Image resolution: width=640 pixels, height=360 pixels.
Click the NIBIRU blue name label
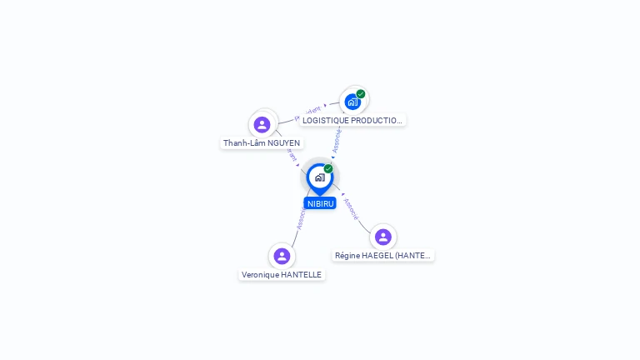click(x=320, y=203)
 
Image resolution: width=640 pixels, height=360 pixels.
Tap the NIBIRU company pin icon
click(x=319, y=177)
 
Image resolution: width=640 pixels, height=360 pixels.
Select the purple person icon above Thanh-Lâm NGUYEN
click(x=262, y=125)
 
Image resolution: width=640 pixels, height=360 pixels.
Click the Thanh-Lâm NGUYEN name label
click(x=262, y=143)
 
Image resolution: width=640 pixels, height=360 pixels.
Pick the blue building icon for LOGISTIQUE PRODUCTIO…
click(x=352, y=102)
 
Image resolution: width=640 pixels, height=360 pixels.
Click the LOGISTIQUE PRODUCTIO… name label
click(x=352, y=120)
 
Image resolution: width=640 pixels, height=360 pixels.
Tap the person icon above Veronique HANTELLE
click(x=282, y=256)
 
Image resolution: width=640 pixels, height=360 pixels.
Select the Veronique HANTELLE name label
click(x=282, y=274)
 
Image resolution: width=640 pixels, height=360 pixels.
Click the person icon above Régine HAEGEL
click(x=383, y=237)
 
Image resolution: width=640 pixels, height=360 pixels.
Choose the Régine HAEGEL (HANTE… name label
click(x=383, y=255)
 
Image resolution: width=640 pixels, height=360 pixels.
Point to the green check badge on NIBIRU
click(x=328, y=169)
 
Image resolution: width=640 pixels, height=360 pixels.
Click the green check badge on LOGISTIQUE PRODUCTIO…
click(x=361, y=94)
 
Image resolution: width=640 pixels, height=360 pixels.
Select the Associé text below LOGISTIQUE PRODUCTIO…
click(x=337, y=140)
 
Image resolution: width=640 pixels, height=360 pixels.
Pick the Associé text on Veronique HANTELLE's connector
click(x=301, y=217)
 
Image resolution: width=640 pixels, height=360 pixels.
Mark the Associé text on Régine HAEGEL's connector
click(x=351, y=208)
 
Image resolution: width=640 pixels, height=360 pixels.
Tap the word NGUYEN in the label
click(x=283, y=143)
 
